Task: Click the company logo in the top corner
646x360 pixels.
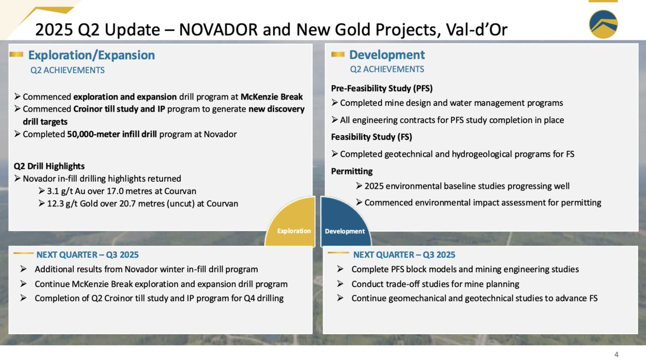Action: [x=603, y=24]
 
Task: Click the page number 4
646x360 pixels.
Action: [x=616, y=354]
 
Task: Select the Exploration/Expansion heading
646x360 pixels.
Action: [x=91, y=55]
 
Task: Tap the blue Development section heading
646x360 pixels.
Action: [x=387, y=54]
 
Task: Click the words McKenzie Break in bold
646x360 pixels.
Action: [x=271, y=97]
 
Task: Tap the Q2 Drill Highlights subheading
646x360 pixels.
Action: [x=50, y=166]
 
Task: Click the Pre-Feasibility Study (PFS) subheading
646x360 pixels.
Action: [x=382, y=88]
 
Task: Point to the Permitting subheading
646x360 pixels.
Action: [x=352, y=171]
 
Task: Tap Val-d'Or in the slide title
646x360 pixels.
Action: [x=476, y=29]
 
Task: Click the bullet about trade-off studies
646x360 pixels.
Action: [x=435, y=284]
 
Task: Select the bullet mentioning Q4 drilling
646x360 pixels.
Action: [x=159, y=298]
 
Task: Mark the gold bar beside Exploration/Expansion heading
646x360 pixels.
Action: [x=16, y=54]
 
